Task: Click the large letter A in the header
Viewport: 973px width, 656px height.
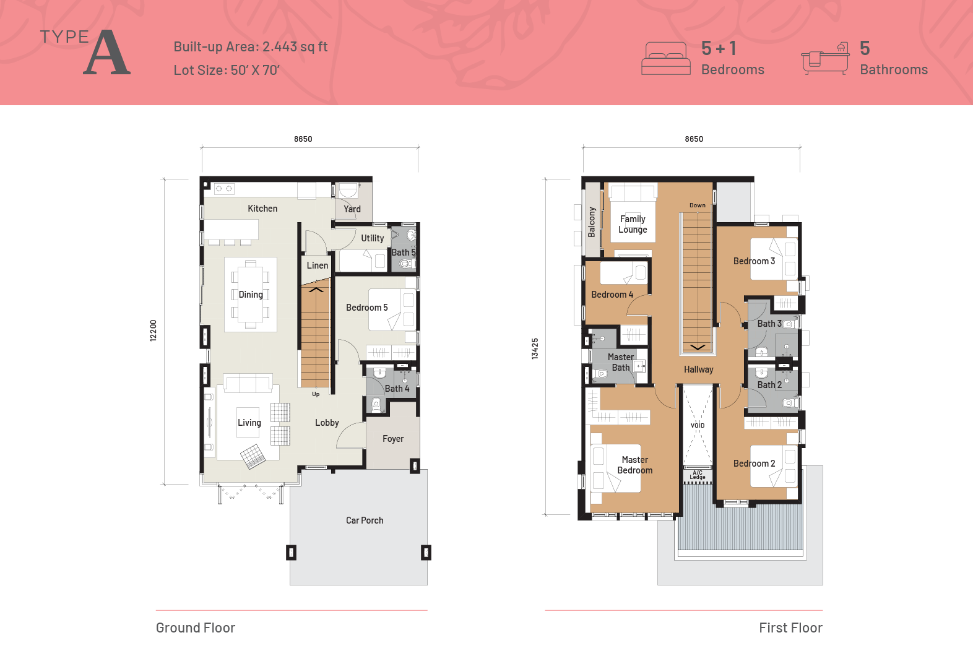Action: coord(106,53)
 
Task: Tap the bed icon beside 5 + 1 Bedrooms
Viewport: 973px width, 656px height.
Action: coord(666,58)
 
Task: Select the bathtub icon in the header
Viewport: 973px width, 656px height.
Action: coord(825,59)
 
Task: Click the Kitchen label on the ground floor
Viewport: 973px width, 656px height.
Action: coord(262,209)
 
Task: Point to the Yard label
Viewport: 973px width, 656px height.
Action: coord(352,209)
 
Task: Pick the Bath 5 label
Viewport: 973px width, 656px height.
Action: coord(404,252)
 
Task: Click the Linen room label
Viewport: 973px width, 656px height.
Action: coord(318,265)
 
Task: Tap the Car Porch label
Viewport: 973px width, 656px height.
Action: coord(365,520)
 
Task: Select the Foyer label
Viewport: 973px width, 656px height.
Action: coord(393,439)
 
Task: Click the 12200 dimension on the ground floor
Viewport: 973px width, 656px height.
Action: coord(154,330)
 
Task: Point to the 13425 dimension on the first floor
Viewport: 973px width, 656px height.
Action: coord(535,348)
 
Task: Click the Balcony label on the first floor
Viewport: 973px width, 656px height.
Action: coord(592,222)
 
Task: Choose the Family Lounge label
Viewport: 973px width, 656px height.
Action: coord(633,224)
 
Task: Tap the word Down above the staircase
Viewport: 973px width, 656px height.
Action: coord(698,205)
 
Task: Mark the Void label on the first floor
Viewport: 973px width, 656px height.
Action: coord(698,426)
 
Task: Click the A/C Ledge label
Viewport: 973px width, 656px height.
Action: coord(698,475)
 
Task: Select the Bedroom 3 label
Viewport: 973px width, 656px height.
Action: coord(754,261)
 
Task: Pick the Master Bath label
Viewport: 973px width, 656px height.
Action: coord(621,362)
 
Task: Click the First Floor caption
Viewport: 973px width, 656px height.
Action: coord(790,628)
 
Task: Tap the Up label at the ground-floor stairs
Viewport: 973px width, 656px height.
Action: coord(316,394)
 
